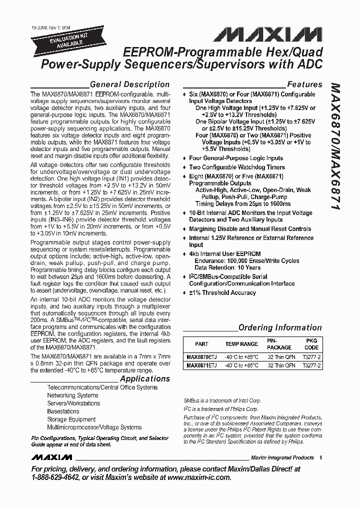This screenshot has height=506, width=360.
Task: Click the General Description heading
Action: [x=129, y=84]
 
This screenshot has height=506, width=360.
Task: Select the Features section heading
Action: [x=304, y=84]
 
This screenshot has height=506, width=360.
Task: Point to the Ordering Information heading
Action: [x=280, y=327]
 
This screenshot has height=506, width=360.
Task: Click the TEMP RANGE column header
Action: [x=241, y=344]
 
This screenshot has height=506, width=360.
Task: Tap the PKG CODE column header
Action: [x=311, y=343]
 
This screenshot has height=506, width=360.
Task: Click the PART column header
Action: [x=201, y=344]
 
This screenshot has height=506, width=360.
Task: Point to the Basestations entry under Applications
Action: [x=63, y=411]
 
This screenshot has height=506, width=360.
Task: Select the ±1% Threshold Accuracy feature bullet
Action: [x=222, y=292]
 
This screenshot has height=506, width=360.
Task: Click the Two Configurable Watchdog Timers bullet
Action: [x=236, y=167]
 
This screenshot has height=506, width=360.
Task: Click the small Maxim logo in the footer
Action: [x=51, y=457]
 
